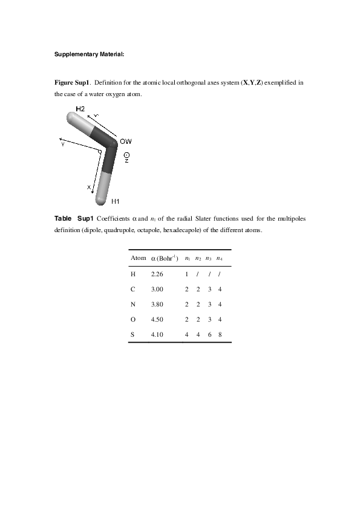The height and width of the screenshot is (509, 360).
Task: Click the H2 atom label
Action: click(80, 109)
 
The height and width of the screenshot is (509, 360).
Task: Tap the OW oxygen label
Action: click(126, 141)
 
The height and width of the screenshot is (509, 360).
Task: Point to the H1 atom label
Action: click(116, 201)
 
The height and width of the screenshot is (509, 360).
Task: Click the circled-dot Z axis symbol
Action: click(126, 155)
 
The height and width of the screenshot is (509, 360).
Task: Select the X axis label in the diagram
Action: click(89, 187)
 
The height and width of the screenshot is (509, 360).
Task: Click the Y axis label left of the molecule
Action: click(63, 144)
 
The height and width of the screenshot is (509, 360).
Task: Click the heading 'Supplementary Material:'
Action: click(90, 54)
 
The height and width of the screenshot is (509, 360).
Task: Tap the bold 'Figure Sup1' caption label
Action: click(72, 82)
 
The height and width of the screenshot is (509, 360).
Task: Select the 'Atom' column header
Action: click(139, 258)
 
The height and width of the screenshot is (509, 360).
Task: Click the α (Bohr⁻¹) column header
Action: click(165, 258)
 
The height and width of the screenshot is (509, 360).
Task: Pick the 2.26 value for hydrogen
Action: click(157, 274)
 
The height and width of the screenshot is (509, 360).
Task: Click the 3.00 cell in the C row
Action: click(157, 289)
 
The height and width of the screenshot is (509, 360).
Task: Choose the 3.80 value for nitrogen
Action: click(157, 305)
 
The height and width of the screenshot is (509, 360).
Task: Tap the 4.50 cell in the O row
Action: click(157, 319)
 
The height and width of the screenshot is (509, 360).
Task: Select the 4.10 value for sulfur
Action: click(157, 335)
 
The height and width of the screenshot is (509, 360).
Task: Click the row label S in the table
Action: click(133, 335)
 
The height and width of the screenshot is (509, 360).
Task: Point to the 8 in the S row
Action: click(220, 335)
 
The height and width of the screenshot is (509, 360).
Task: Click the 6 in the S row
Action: click(209, 335)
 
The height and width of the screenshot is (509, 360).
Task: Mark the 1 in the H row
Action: click(186, 274)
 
